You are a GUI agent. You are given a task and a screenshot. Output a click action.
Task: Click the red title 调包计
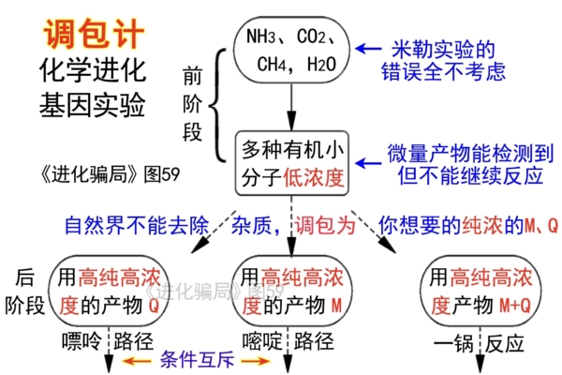(x=94, y=36)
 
